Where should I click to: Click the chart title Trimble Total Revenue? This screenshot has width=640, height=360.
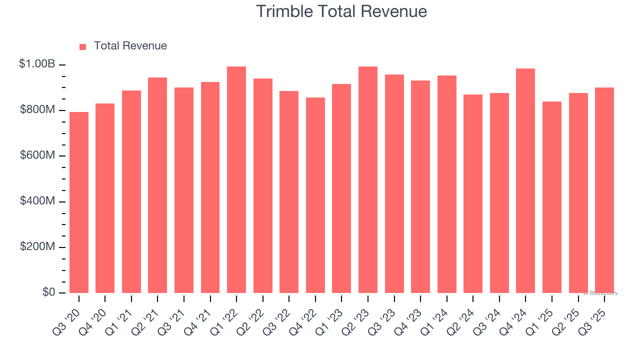click(341, 11)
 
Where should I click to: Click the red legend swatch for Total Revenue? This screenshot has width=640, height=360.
click(83, 46)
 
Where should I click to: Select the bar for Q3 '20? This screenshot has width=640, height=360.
click(79, 202)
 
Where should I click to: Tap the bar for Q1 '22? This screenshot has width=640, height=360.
click(236, 180)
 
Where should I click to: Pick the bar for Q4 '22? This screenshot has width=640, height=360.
click(315, 195)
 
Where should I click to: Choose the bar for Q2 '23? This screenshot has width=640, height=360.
click(368, 180)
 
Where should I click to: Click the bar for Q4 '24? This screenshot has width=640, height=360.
click(525, 181)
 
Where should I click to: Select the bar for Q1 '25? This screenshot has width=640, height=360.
click(552, 197)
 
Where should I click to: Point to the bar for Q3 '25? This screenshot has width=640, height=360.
click(604, 190)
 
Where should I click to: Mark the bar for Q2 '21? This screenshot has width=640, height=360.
click(157, 185)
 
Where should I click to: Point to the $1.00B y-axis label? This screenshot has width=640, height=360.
click(37, 64)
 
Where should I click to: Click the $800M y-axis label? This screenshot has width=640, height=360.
click(38, 110)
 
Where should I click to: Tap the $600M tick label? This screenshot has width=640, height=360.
click(38, 155)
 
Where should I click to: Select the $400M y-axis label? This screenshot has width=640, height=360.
click(38, 201)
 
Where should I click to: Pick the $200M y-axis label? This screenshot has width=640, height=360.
click(38, 247)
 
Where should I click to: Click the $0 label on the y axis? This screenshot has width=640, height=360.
click(48, 292)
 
